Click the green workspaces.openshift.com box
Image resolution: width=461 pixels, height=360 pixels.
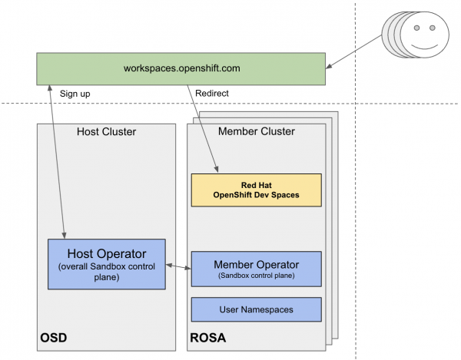[x=181, y=68]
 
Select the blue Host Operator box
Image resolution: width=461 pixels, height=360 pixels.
[x=107, y=263]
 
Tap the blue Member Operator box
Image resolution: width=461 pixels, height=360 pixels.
[x=255, y=269]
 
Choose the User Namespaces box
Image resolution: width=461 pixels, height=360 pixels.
[x=255, y=309]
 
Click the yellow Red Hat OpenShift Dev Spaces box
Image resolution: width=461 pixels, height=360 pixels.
[x=255, y=190]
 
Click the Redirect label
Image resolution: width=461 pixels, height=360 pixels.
[x=213, y=94]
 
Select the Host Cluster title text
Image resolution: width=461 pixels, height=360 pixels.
[x=107, y=131]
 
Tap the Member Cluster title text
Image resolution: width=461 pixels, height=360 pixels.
[x=255, y=131]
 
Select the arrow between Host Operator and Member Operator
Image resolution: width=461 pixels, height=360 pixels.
[x=178, y=266]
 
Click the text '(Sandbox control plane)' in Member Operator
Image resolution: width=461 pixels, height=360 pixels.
[x=255, y=275]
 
